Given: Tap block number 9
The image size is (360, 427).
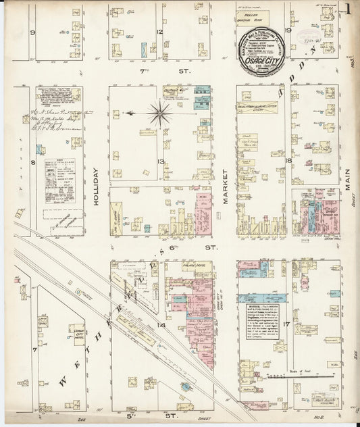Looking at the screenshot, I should tap(32, 32).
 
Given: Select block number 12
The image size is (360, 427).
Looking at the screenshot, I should tap(160, 32).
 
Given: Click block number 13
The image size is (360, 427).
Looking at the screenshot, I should tap(160, 161).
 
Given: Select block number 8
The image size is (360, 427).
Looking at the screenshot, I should tap(32, 162).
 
